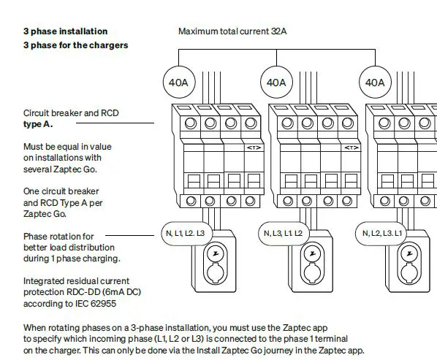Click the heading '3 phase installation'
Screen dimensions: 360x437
65,31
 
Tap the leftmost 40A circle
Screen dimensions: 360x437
178,83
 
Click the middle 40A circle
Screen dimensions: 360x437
276,83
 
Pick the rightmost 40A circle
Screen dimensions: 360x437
375,83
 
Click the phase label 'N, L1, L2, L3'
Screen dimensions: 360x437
186,233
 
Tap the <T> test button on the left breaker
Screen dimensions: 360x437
254,148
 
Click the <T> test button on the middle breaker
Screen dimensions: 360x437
351,148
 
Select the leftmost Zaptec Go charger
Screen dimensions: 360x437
215,267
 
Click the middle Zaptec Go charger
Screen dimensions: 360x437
313,267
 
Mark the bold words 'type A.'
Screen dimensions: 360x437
38,124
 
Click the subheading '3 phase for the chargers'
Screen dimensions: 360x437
75,45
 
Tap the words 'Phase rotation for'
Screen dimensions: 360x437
58,237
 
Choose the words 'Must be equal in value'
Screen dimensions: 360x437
67,147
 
